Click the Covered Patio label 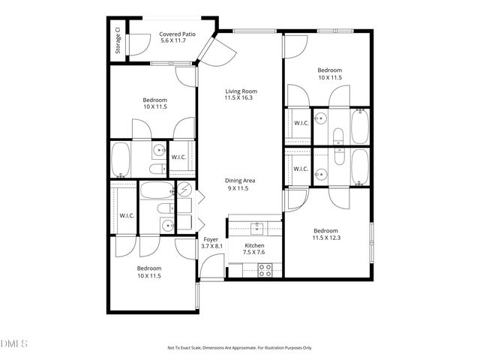pyautogui.click(x=178, y=34)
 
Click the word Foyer pyautogui.click(x=211, y=239)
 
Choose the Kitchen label pyautogui.click(x=255, y=245)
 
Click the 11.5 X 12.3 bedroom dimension pyautogui.click(x=325, y=238)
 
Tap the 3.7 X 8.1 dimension pyautogui.click(x=211, y=246)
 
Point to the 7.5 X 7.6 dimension pyautogui.click(x=255, y=252)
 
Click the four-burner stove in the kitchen pyautogui.click(x=265, y=271)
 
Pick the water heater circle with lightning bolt pyautogui.click(x=184, y=190)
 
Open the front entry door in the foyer pyautogui.click(x=215, y=266)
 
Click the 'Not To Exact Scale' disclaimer pyautogui.click(x=239, y=348)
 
